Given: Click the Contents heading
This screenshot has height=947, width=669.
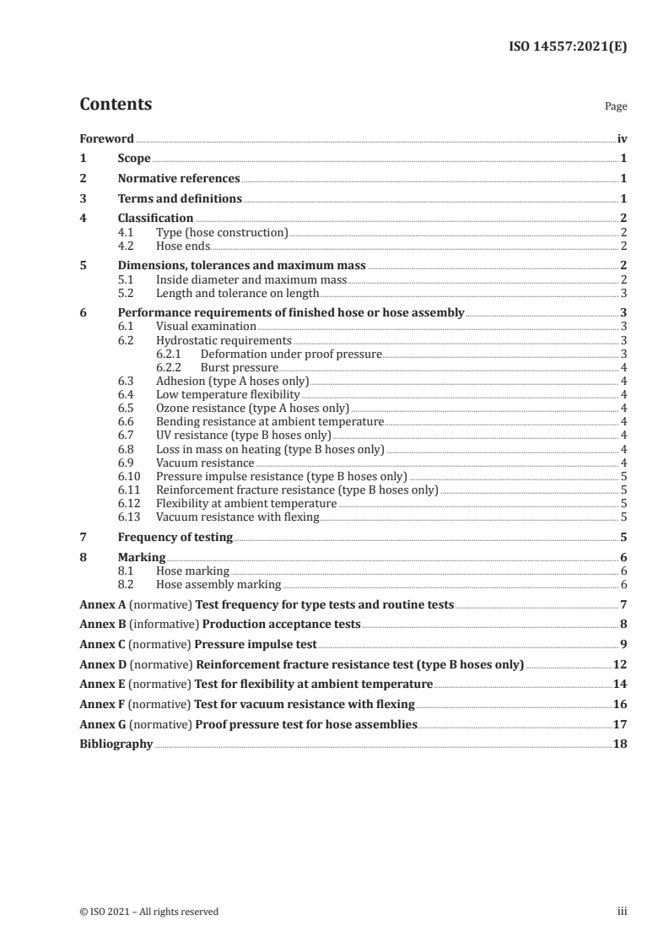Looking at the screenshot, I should [x=116, y=105].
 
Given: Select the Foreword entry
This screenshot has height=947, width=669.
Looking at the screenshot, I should [x=106, y=138].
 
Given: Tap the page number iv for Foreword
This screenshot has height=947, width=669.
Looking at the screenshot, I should [x=622, y=138].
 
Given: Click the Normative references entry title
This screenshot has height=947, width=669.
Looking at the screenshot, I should [x=179, y=179].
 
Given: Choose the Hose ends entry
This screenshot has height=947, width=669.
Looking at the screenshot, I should [x=183, y=246].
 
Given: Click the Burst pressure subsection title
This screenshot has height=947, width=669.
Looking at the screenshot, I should [x=239, y=368].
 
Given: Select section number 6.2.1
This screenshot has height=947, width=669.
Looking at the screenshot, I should [x=170, y=354].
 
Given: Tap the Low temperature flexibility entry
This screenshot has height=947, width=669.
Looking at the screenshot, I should [x=228, y=395].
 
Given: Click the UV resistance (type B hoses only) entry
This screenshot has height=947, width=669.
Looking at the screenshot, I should [x=243, y=436].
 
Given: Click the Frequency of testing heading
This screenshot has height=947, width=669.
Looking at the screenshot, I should [x=175, y=537].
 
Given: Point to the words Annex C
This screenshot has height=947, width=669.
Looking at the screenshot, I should [x=99, y=645].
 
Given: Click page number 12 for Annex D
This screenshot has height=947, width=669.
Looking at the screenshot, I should [x=620, y=665].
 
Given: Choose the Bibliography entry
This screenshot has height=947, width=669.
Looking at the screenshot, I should [x=116, y=744].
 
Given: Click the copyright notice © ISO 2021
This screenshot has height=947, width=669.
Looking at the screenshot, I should [x=148, y=912].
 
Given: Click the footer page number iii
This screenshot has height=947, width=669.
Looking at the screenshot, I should [x=622, y=912].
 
